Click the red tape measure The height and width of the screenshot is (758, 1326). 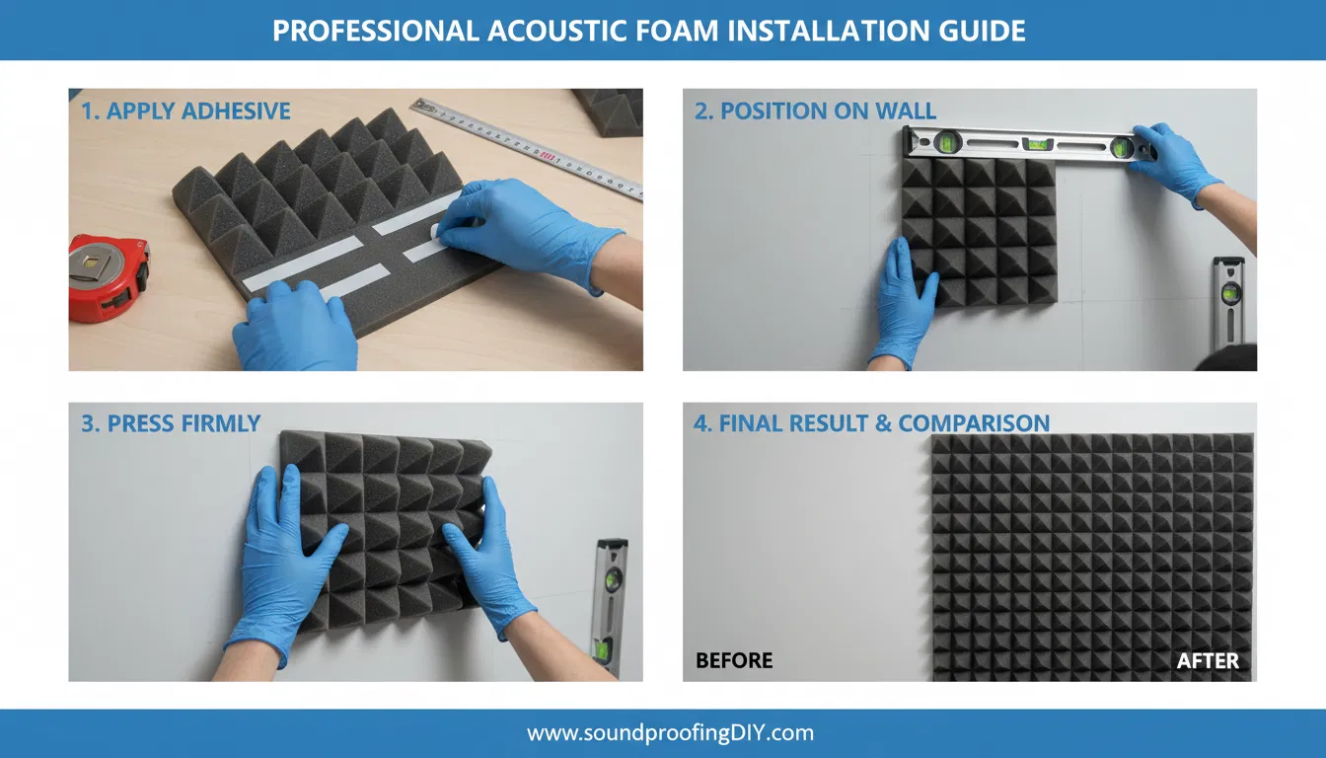(109, 279)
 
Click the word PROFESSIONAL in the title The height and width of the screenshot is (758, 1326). (375, 31)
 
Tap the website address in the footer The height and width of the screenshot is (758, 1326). (670, 733)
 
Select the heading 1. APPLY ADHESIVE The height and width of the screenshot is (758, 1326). (185, 111)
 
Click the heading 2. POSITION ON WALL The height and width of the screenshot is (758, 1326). (815, 111)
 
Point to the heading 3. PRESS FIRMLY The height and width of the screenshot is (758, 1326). (171, 423)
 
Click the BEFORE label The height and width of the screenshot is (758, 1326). (734, 660)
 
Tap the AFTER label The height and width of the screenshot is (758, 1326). (1208, 660)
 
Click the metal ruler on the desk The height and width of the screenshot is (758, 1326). (527, 148)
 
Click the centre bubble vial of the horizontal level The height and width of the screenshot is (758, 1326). (1038, 144)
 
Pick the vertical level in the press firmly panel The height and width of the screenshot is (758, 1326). (609, 604)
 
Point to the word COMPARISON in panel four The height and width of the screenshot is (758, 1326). (974, 423)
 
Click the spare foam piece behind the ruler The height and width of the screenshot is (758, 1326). (610, 112)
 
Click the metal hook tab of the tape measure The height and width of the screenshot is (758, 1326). (94, 263)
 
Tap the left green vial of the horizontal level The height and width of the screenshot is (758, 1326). (947, 142)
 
